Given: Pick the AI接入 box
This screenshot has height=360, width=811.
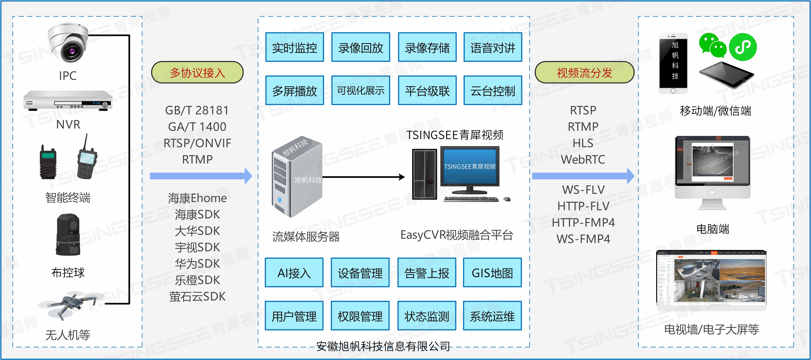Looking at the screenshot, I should coord(294,273).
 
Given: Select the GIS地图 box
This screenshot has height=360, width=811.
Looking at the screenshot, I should coord(492,273).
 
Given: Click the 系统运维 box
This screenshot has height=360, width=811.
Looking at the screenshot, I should coord(492,316).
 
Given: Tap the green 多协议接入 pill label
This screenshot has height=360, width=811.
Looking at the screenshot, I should coord(197,72).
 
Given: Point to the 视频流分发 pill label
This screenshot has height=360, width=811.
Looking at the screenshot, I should coord(584,72).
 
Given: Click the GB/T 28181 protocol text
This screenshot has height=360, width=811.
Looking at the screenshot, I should coord(197,110).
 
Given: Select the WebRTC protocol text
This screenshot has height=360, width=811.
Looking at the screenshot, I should coord(583,159).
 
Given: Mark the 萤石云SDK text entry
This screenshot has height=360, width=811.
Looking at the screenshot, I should coord(197,296).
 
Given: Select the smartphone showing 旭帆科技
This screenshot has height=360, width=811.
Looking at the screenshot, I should coord(673,63).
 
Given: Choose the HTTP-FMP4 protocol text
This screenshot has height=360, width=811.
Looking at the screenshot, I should coord(583,222).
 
